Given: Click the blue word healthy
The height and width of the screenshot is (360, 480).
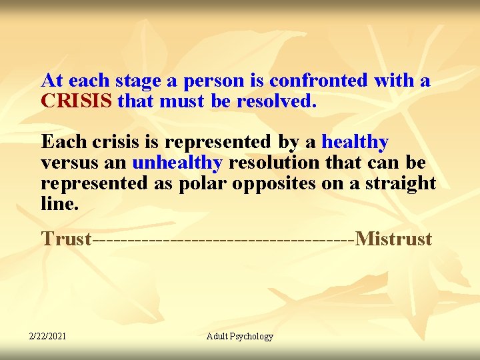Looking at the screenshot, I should (x=355, y=142).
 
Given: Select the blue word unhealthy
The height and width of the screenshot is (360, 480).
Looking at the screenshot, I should (x=177, y=163).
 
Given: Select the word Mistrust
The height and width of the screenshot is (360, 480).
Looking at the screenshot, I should (x=394, y=239).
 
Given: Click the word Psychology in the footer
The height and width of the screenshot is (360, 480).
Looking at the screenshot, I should (x=251, y=337).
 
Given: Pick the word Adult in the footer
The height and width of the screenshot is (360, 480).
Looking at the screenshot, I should (x=217, y=336).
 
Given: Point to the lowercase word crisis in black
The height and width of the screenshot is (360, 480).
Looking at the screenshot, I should (x=109, y=142).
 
